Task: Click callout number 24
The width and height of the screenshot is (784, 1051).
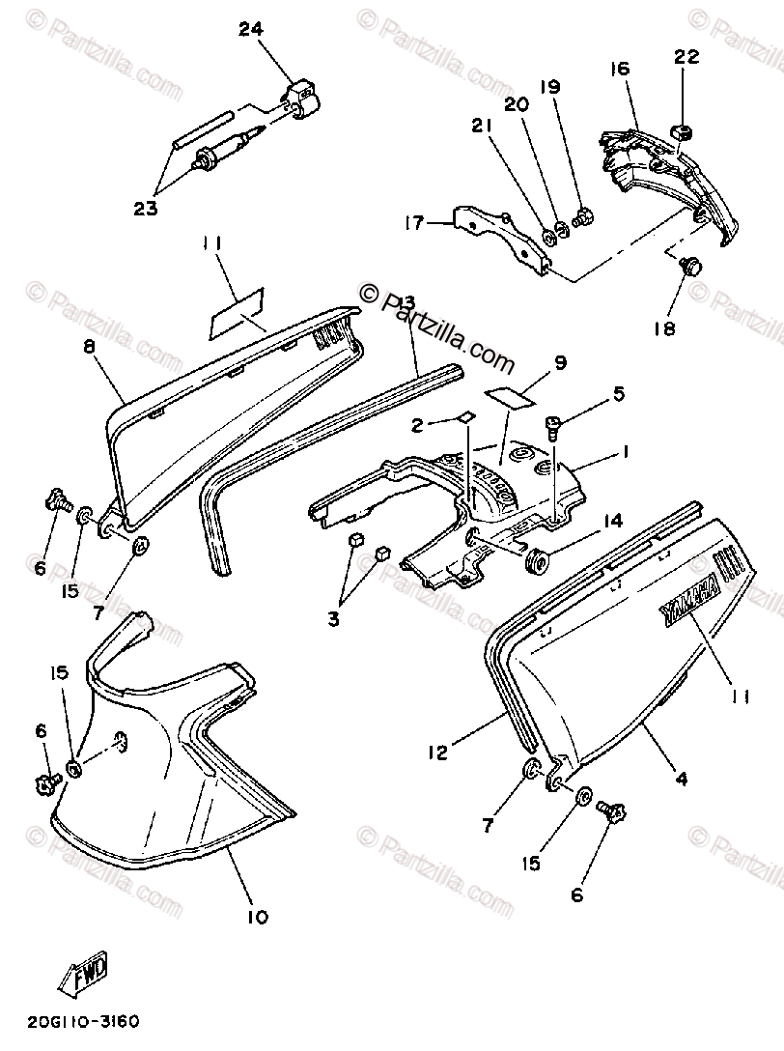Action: click(x=251, y=30)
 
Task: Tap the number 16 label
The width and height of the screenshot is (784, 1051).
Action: click(x=619, y=69)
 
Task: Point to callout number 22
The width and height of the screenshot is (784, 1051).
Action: click(x=686, y=58)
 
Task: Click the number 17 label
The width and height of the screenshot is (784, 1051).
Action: click(x=414, y=224)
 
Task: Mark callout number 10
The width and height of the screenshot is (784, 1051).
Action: click(x=259, y=917)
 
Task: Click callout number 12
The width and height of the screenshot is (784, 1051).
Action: click(x=438, y=750)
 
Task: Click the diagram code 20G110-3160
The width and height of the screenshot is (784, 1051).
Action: click(x=79, y=1019)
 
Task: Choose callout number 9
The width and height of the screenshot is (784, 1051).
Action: click(x=559, y=364)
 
